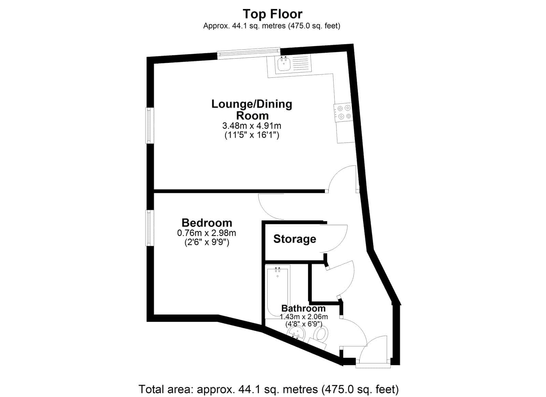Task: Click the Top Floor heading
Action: (273, 14)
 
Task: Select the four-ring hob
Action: (344, 112)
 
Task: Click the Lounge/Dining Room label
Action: (252, 110)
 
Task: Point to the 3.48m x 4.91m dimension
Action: (252, 126)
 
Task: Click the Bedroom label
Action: (207, 223)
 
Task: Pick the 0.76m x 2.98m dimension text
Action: (206, 233)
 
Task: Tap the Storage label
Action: (294, 239)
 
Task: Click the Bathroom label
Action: (303, 308)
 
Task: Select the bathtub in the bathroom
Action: (278, 292)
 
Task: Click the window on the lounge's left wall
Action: (150, 126)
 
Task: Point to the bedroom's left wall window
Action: (150, 228)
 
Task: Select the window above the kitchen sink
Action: (249, 53)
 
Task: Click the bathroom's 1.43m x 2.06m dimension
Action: (304, 317)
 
